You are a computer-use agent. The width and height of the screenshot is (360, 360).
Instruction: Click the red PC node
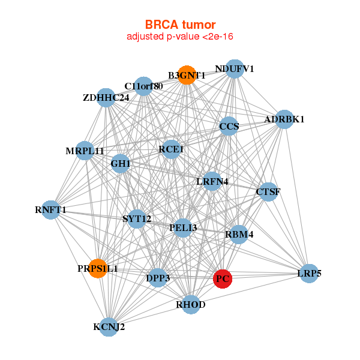pos(223,278)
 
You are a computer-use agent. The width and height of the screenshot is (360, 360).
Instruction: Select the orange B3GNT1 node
pos(187,75)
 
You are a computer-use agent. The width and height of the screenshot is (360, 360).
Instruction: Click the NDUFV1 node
pos(235,69)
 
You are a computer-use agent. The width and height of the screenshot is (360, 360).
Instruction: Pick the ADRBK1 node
pos(284,119)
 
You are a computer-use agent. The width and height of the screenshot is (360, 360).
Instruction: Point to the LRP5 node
pos(309,274)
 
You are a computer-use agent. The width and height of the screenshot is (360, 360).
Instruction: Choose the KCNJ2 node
pos(109,327)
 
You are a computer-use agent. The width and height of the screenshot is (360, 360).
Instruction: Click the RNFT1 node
pos(51,210)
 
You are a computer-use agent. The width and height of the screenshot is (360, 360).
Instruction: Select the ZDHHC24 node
pos(106,97)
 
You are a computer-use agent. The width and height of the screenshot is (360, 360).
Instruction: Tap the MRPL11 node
pos(85,151)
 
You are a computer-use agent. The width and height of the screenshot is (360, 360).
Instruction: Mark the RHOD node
pos(191,305)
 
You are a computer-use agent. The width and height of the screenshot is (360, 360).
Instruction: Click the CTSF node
pos(268,192)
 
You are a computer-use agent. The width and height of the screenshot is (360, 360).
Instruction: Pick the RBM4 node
pos(239,234)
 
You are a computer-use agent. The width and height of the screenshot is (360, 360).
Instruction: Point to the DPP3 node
pos(157,278)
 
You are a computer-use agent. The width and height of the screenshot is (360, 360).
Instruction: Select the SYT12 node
pos(137,218)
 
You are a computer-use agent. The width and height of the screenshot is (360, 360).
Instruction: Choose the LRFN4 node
pos(212,181)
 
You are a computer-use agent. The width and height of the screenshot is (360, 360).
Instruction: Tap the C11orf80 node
pos(143,86)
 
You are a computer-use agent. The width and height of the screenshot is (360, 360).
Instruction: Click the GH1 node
pos(121,163)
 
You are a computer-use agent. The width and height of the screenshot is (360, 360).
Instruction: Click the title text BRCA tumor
pos(180,25)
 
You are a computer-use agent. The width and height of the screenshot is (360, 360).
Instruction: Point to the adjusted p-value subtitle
pos(180,37)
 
